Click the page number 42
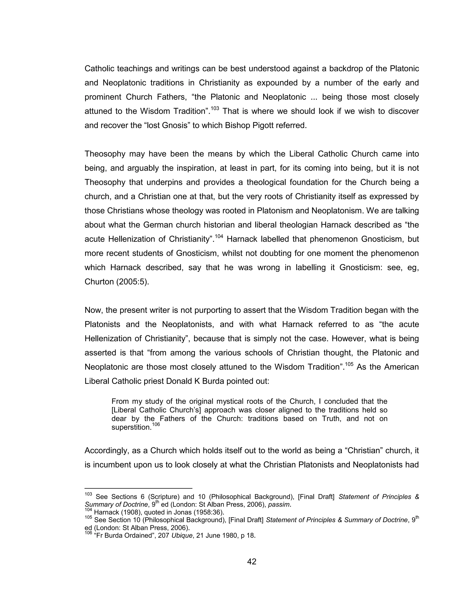[x=252, y=561]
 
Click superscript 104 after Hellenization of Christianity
[x=219, y=237]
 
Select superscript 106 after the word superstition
[x=156, y=424]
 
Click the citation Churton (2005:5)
[x=117, y=282]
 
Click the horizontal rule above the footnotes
[x=138, y=488]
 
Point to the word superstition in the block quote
[x=131, y=427]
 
